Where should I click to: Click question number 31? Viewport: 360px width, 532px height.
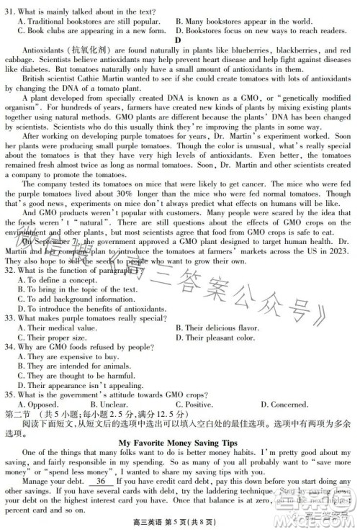pos(9,12)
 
